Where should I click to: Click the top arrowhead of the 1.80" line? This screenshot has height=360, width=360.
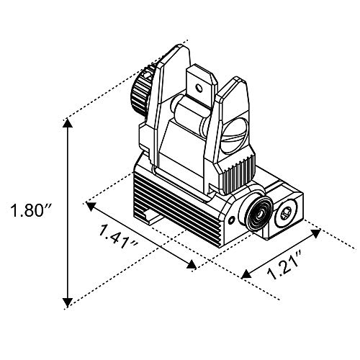coord(68,124)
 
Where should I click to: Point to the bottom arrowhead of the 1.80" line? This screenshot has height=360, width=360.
coord(68,300)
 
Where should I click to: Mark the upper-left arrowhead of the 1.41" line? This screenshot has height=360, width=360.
coord(91,207)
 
